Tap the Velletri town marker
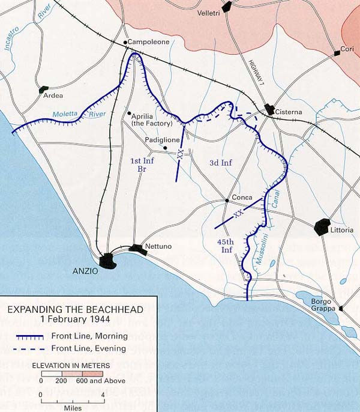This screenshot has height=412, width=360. pyautogui.click(x=226, y=7)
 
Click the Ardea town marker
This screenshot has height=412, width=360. pyautogui.click(x=44, y=90)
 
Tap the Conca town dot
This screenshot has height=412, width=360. pyautogui.click(x=226, y=200)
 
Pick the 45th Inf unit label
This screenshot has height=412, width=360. pyautogui.click(x=227, y=245)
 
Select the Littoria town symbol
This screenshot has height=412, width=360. pyautogui.click(x=322, y=228)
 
